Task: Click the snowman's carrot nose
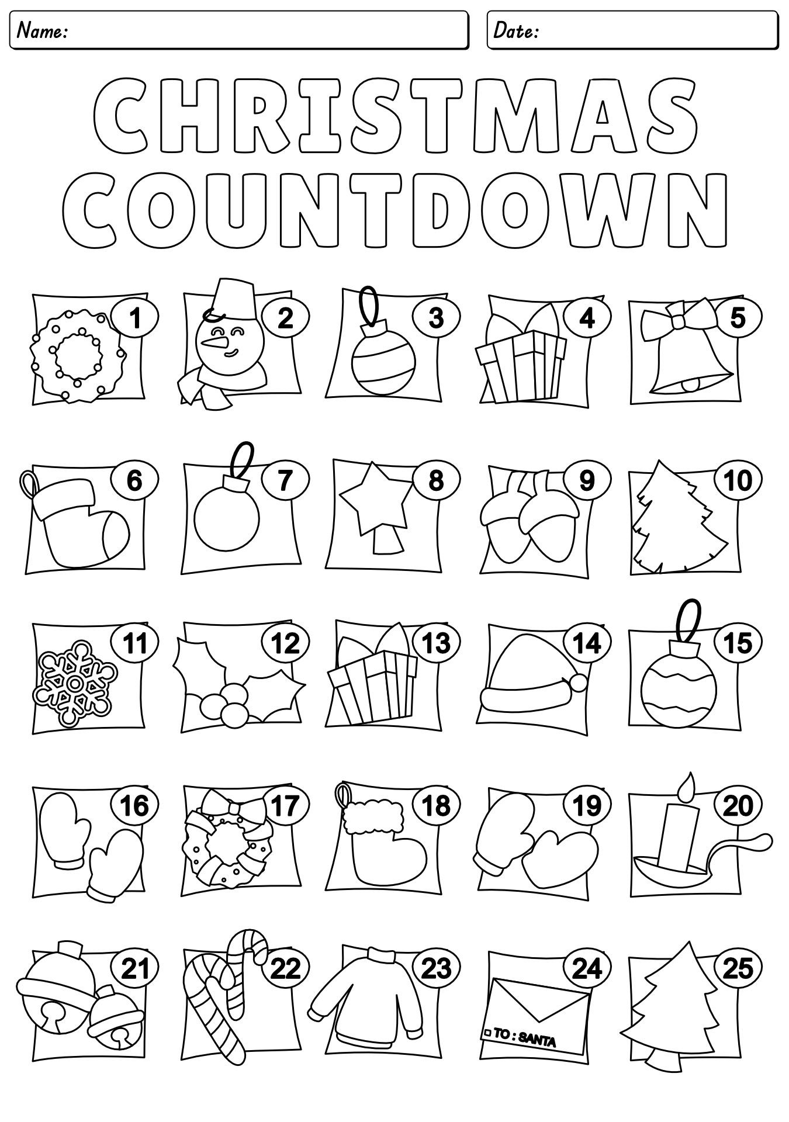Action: pyautogui.click(x=217, y=341)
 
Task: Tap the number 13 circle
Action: pyautogui.click(x=436, y=643)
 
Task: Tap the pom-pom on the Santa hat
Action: pyautogui.click(x=578, y=682)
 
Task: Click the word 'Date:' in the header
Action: pyautogui.click(x=515, y=32)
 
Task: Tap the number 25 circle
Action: pyautogui.click(x=738, y=969)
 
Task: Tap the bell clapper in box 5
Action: pyautogui.click(x=691, y=384)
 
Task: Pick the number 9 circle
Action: pyautogui.click(x=587, y=481)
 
